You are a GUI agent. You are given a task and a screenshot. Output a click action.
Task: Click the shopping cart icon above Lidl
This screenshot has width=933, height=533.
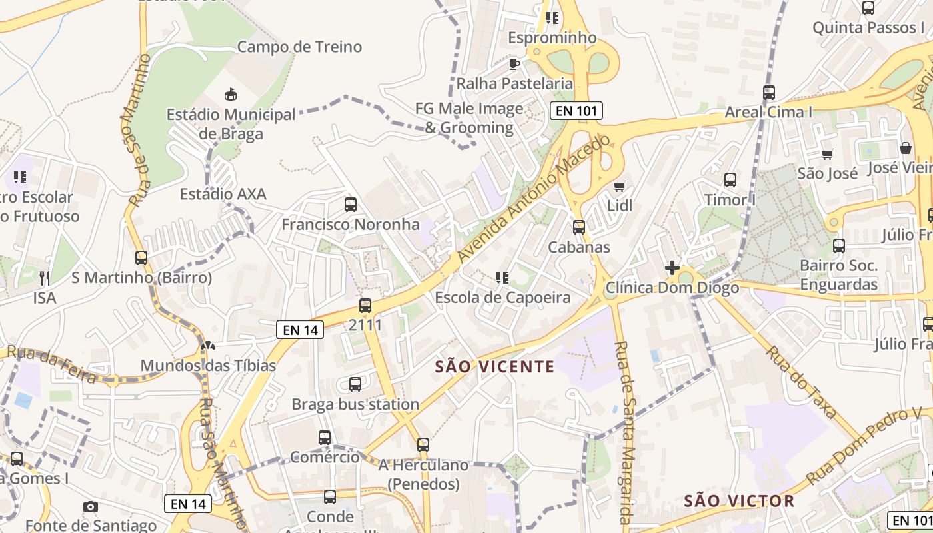(x=620, y=186)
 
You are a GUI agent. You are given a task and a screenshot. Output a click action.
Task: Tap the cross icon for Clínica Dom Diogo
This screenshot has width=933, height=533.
(x=672, y=268)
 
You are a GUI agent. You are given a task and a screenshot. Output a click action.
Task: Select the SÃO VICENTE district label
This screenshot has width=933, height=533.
(x=494, y=366)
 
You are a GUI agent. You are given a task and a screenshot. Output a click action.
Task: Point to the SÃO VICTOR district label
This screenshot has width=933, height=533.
(x=740, y=500)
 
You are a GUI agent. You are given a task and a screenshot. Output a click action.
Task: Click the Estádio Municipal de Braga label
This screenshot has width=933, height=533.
(x=231, y=124)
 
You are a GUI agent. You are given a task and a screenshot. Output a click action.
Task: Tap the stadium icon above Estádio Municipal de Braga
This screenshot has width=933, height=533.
(x=231, y=95)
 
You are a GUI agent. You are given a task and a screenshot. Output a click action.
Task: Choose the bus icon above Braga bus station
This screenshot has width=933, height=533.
(x=355, y=384)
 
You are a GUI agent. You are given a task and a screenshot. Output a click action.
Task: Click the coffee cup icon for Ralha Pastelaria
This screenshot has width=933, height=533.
(x=514, y=64)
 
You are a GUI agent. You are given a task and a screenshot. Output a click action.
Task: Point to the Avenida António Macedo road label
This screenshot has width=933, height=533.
(x=534, y=199)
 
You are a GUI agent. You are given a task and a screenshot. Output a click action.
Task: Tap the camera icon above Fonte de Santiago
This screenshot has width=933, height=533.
(x=91, y=506)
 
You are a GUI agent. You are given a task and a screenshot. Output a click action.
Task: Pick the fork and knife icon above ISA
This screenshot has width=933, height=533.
(x=45, y=278)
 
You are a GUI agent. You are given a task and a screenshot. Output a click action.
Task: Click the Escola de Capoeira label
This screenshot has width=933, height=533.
(x=502, y=297)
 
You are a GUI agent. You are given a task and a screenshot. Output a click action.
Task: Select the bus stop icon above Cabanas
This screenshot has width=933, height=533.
(x=579, y=227)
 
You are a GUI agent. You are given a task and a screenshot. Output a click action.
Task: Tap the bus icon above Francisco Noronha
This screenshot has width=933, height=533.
(x=350, y=205)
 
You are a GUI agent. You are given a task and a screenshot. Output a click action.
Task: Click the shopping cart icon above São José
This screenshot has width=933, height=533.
(x=828, y=154)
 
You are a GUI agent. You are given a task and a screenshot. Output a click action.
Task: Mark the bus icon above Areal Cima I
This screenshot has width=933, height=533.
(x=769, y=93)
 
